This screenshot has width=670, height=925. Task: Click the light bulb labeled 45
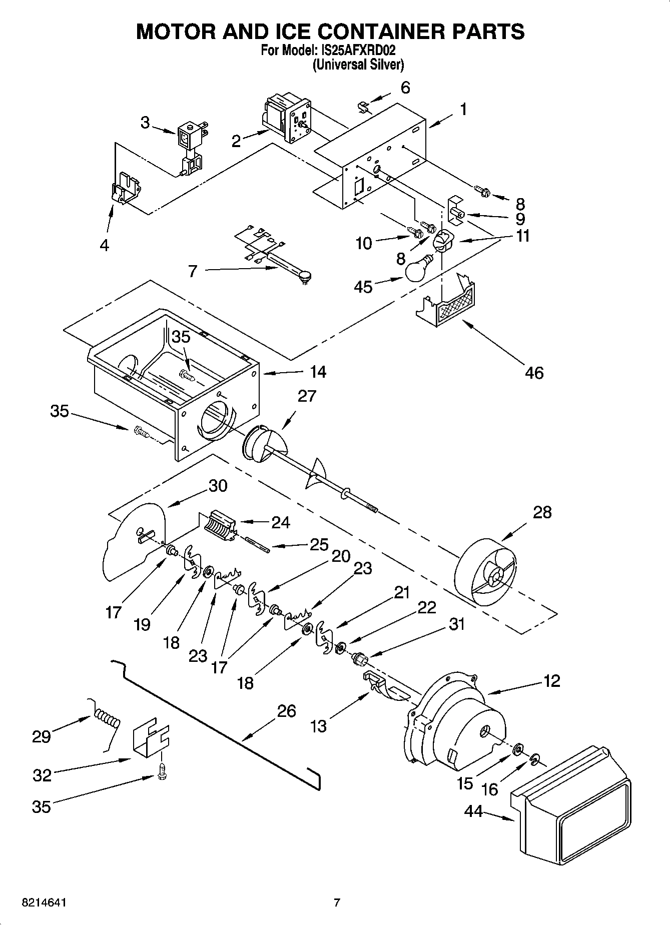tap(418, 270)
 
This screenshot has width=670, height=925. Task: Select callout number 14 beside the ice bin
tap(318, 372)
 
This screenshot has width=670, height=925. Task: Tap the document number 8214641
tap(45, 902)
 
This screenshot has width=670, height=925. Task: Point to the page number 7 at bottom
tap(337, 902)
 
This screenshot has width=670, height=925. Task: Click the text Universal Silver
tap(358, 65)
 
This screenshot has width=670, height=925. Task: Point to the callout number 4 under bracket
tap(104, 245)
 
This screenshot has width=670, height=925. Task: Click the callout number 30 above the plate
tap(218, 485)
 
